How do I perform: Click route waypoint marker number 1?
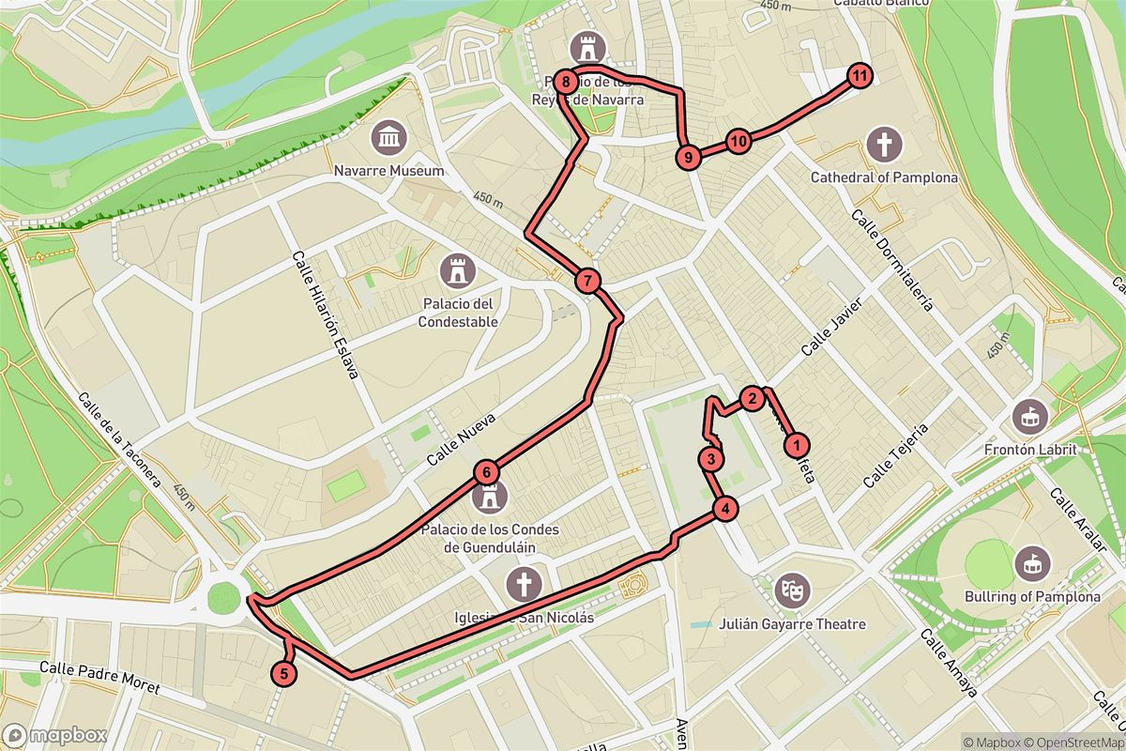click(x=797, y=444)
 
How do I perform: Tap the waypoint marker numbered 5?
click(x=283, y=673)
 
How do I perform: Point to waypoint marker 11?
click(x=859, y=75)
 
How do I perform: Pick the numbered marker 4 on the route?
click(x=724, y=510)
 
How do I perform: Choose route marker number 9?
click(x=689, y=158)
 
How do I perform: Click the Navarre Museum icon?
click(x=388, y=139)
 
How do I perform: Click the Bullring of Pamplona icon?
click(x=1031, y=563)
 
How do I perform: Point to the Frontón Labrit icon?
click(x=1031, y=413)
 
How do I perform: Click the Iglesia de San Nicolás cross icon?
click(x=523, y=585)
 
